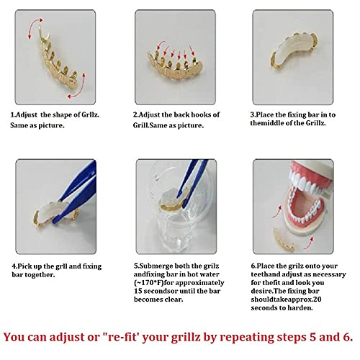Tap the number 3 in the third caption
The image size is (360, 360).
tap(253, 114)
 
